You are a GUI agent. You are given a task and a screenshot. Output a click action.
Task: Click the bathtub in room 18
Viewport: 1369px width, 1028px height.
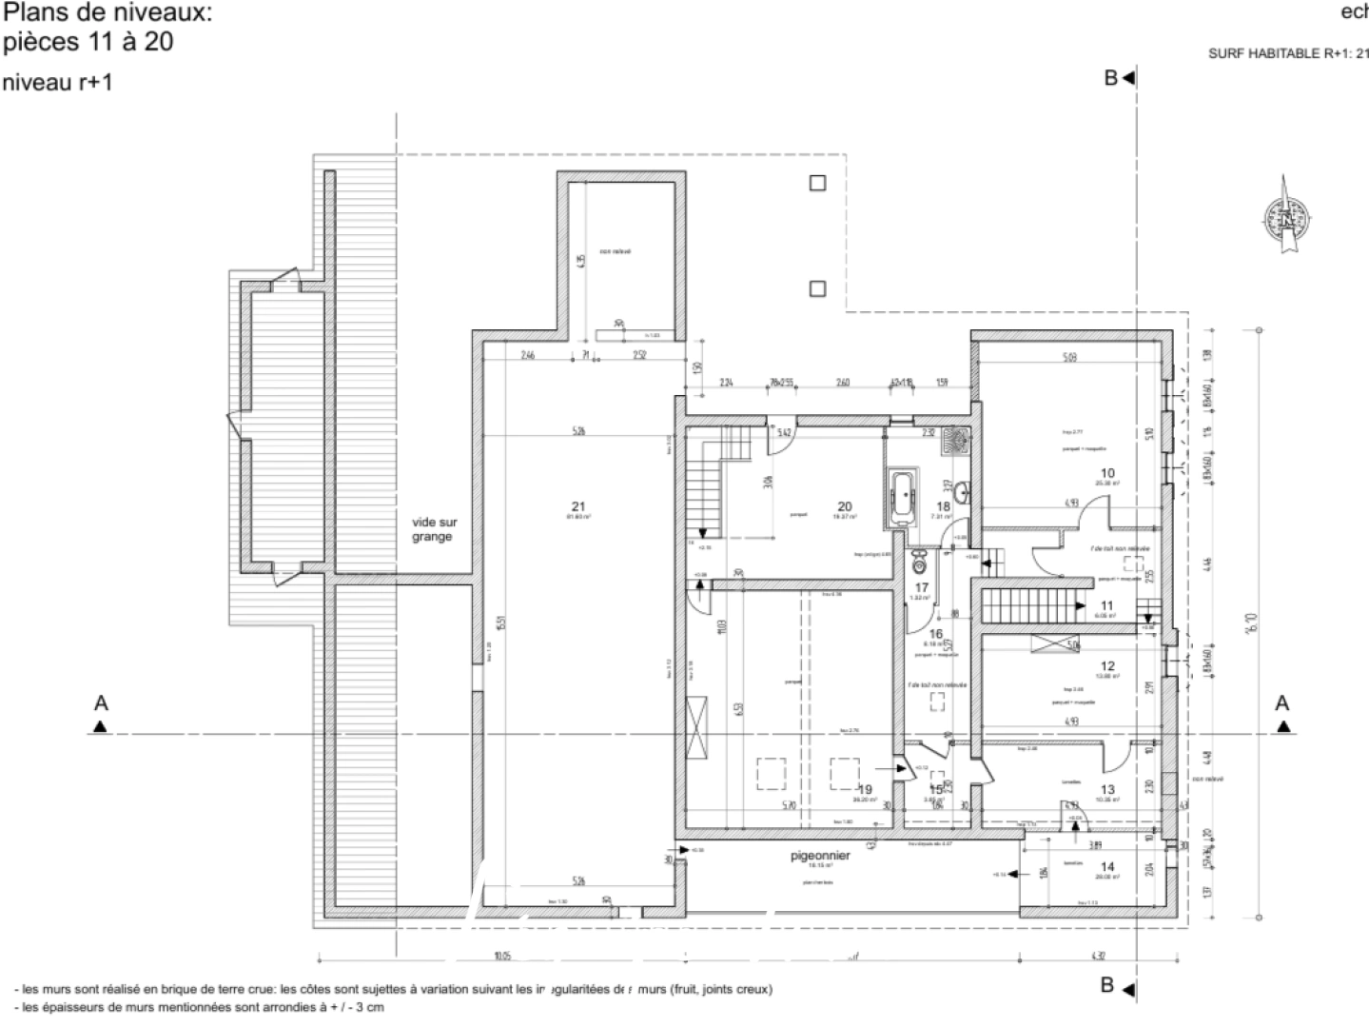902,496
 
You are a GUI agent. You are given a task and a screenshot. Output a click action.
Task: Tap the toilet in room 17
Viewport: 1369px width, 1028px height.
919,557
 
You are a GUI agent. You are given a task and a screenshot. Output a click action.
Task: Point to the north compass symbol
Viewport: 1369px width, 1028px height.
1288,218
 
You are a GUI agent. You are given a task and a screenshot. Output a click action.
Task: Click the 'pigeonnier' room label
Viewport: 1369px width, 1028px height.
820,856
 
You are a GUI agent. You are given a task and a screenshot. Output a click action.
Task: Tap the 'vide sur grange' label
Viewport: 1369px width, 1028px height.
435,529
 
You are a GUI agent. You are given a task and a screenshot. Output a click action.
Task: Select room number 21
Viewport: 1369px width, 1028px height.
578,505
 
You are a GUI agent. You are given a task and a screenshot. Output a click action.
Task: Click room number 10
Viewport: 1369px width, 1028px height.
1106,473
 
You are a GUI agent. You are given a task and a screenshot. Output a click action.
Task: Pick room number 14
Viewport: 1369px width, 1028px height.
1106,866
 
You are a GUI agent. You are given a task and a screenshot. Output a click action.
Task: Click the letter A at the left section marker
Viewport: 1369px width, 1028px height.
101,703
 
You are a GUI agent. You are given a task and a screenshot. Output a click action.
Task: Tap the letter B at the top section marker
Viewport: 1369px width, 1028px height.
1110,79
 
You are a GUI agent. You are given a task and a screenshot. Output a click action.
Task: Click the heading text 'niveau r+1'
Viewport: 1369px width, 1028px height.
57,83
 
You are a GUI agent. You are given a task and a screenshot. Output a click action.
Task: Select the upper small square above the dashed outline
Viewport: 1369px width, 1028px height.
817,183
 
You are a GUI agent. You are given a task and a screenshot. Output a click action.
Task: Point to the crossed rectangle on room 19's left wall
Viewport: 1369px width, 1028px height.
701,727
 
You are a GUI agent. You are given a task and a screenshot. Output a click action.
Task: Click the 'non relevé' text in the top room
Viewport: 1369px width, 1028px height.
615,251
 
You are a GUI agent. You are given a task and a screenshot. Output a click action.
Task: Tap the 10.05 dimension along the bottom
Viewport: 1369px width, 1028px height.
501,956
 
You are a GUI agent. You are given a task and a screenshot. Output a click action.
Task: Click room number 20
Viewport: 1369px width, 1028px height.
844,506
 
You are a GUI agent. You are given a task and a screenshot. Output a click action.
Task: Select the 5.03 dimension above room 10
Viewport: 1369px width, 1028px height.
1070,359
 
